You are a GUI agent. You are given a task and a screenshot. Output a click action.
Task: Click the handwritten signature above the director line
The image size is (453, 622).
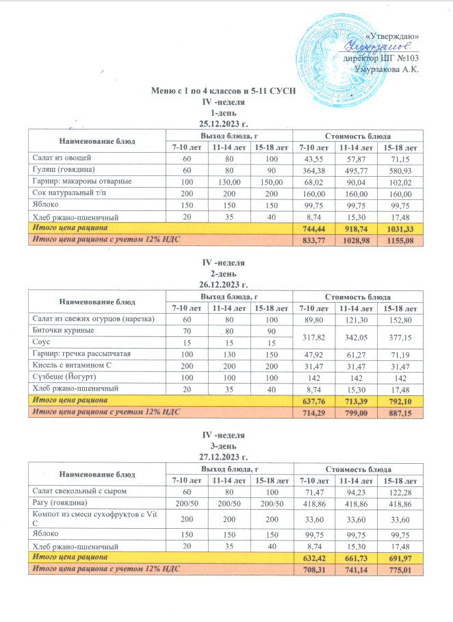click(x=375, y=46)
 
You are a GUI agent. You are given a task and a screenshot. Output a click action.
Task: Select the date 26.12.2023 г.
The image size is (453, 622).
click(x=226, y=284)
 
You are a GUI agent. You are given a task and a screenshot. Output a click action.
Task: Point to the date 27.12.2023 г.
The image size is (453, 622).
click(x=226, y=456)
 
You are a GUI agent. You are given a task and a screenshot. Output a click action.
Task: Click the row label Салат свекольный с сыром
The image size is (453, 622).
click(x=76, y=491)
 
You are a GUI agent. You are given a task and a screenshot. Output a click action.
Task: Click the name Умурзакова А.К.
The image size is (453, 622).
click(x=388, y=69)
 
